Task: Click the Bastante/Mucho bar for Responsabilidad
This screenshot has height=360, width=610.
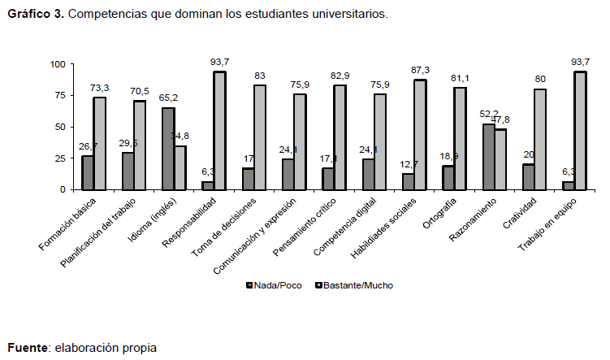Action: pyautogui.click(x=219, y=131)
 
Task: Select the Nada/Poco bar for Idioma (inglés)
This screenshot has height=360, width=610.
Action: pyautogui.click(x=167, y=149)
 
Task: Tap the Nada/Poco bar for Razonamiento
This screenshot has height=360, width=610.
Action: pyautogui.click(x=488, y=157)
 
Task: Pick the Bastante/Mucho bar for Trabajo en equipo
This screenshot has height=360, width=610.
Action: pyautogui.click(x=580, y=131)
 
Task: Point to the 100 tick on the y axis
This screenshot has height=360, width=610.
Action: pyautogui.click(x=57, y=64)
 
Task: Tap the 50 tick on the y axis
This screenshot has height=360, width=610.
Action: pyautogui.click(x=60, y=127)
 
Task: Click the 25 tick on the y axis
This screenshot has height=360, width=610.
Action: pyautogui.click(x=60, y=158)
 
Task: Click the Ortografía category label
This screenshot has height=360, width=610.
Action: pyautogui.click(x=446, y=221)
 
